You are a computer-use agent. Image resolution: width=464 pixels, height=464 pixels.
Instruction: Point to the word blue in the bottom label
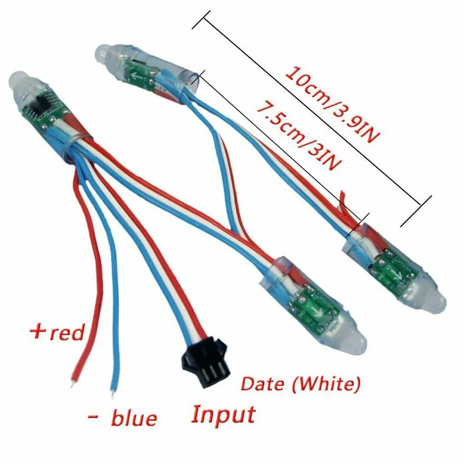click(133, 417)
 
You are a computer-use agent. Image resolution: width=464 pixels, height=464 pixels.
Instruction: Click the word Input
click(223, 414)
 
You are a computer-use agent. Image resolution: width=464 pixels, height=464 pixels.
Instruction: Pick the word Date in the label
click(260, 383)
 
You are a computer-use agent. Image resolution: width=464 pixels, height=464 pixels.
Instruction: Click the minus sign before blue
click(93, 417)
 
